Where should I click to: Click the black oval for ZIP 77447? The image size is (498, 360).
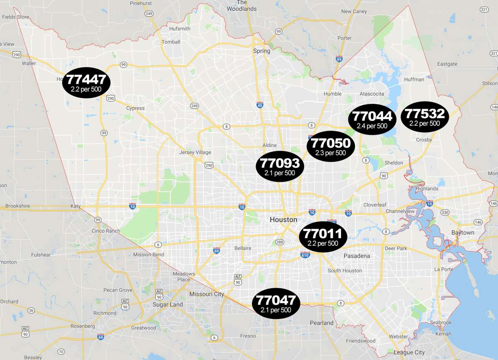[86, 83]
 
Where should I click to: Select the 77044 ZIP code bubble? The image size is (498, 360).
[372, 119]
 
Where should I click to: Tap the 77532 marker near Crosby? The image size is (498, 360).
[425, 117]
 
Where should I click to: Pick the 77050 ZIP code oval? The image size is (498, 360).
[331, 147]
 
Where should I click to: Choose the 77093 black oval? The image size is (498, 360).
[280, 166]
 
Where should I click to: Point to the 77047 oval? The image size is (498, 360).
[276, 304]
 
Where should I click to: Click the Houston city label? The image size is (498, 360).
[283, 219]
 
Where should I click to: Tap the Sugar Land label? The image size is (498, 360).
[168, 304]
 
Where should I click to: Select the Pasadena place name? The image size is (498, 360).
[356, 256]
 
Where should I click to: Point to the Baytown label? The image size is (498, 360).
[463, 233]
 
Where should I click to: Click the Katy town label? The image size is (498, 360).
[76, 206]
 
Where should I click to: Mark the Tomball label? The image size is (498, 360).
[171, 42]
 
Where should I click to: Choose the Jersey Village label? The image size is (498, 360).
[195, 152]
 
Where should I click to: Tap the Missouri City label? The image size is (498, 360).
[206, 294]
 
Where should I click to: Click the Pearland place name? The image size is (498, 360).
[322, 323]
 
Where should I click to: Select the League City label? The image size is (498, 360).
[409, 353]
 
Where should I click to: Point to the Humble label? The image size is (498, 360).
[332, 94]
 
